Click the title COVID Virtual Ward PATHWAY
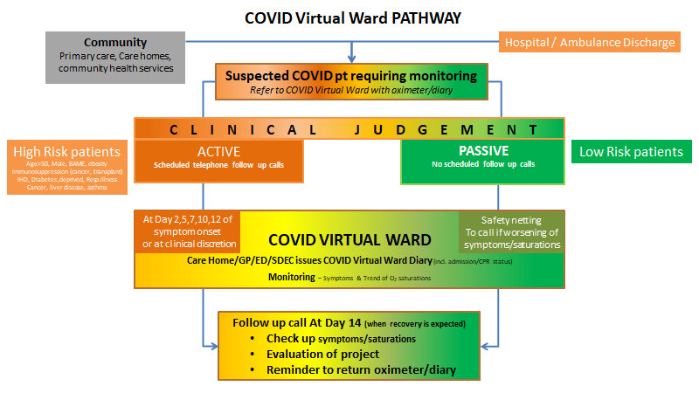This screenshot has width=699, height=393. click(x=353, y=17)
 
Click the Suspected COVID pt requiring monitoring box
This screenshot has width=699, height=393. click(x=351, y=81)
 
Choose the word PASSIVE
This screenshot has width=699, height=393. click(x=482, y=151)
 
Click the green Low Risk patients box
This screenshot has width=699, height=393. click(x=631, y=152)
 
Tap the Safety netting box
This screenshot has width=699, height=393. click(x=511, y=232)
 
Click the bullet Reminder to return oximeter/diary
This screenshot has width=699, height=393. click(x=361, y=369)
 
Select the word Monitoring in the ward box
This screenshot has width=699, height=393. click(x=291, y=277)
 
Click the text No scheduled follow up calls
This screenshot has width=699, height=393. click(x=482, y=164)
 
